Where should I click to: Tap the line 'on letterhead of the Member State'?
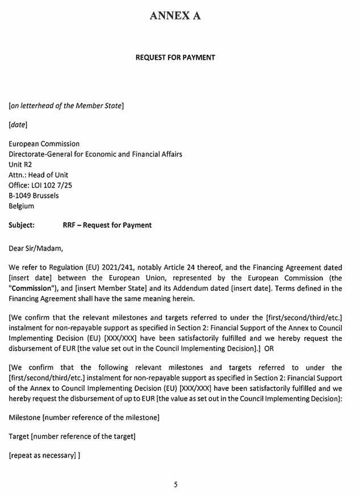[x=66, y=105]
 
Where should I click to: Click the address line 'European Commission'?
[x=44, y=144]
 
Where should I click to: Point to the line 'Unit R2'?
[x=21, y=164]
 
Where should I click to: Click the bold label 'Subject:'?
[x=22, y=225]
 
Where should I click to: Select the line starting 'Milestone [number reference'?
[x=83, y=418]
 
